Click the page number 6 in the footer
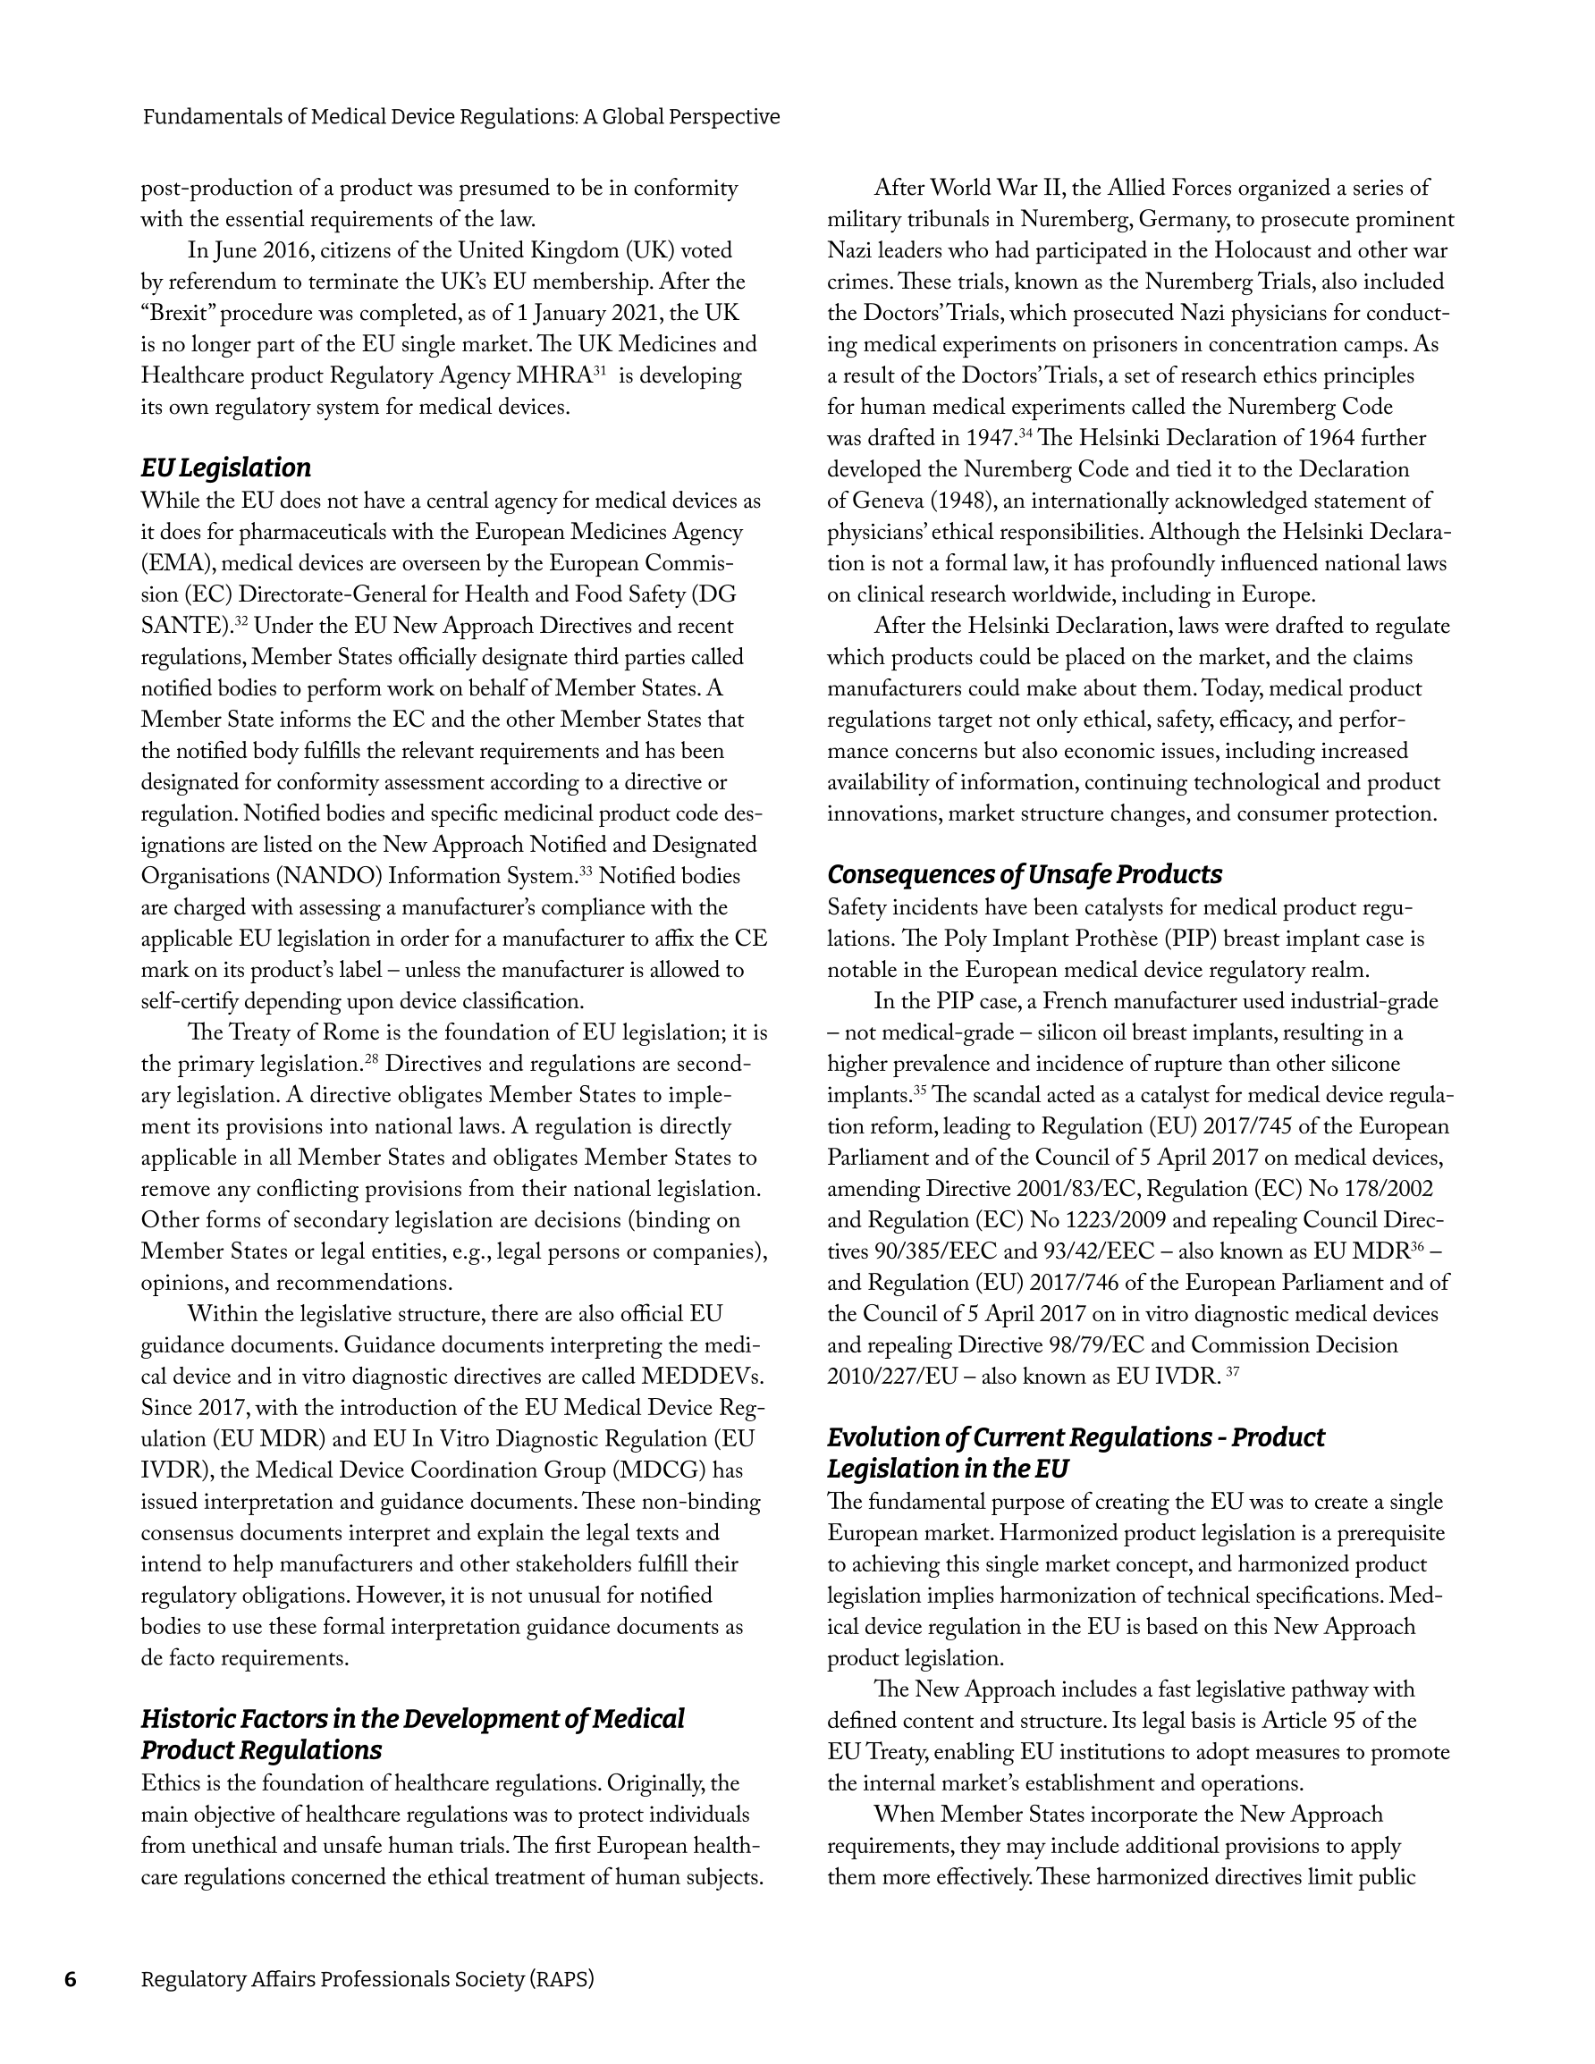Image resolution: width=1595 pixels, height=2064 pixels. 70,1979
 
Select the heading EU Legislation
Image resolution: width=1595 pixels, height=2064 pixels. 226,468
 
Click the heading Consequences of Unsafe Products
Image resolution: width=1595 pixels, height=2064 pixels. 1024,874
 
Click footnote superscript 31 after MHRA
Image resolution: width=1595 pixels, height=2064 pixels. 598,370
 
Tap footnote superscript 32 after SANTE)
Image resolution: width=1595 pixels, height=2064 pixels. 241,621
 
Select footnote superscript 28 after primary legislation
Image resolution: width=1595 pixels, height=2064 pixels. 372,1058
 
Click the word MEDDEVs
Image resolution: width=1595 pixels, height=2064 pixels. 702,1376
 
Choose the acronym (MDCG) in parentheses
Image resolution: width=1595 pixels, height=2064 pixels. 658,1470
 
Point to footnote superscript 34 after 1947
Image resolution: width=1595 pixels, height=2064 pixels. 1024,433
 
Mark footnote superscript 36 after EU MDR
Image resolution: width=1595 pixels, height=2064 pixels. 1416,1246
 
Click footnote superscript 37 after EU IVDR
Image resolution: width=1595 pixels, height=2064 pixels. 1232,1371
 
